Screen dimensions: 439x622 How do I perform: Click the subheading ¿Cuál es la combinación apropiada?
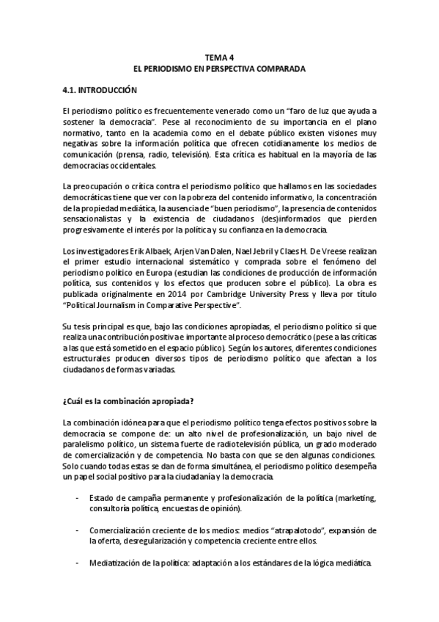128,401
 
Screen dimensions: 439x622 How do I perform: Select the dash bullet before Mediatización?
78,565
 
